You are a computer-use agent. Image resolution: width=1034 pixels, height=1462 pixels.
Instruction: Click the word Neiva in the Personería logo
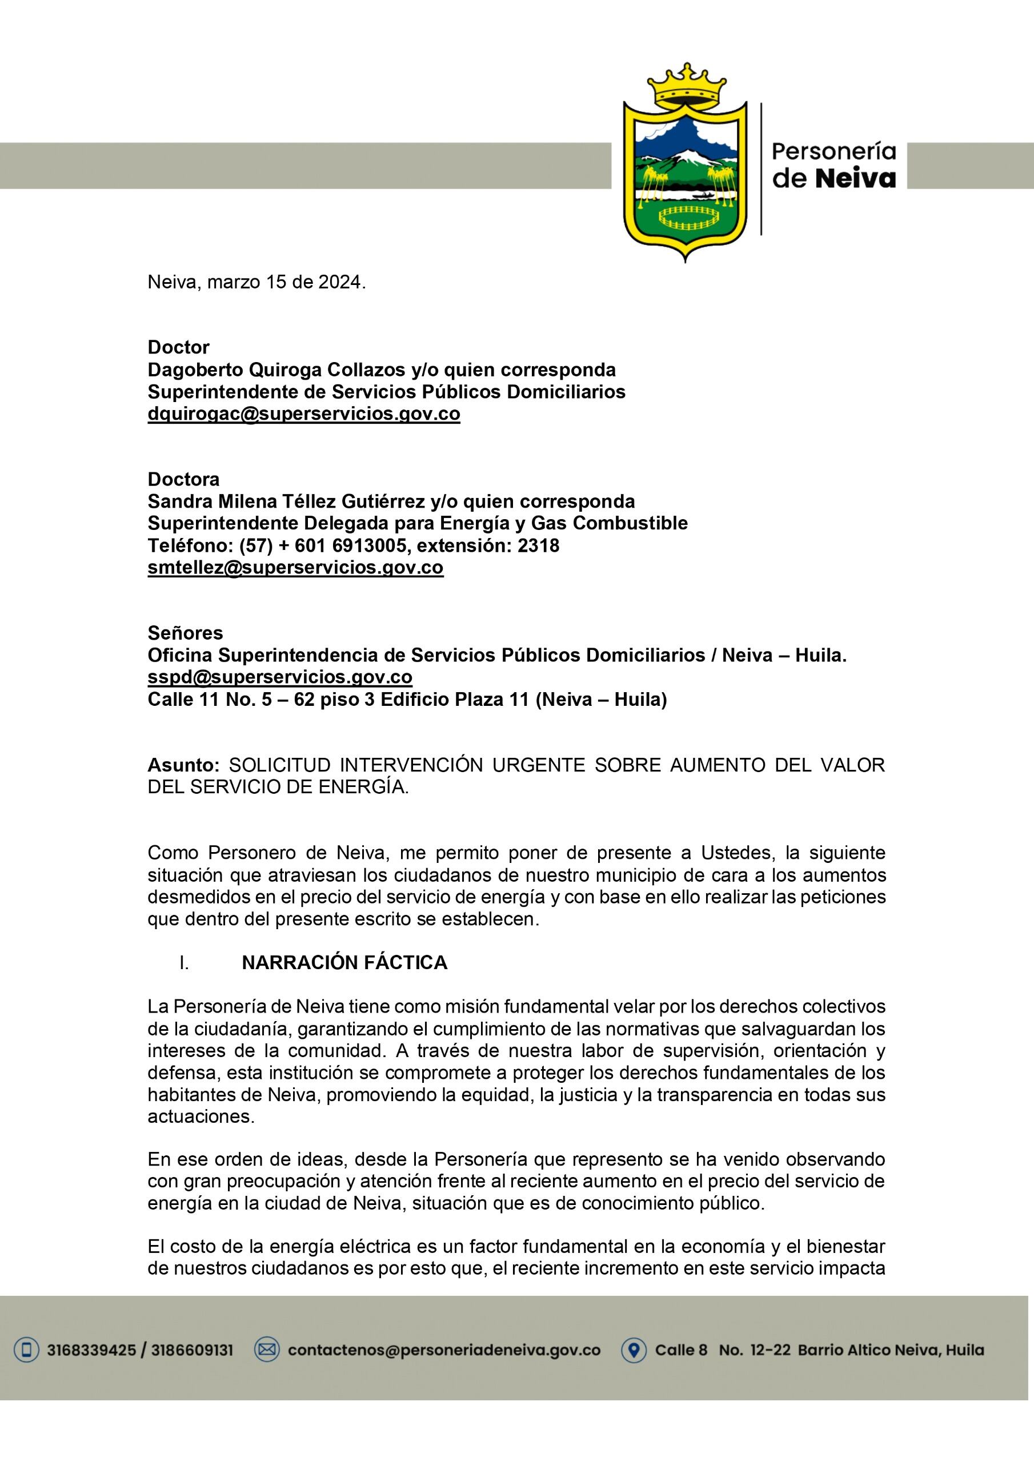tap(856, 179)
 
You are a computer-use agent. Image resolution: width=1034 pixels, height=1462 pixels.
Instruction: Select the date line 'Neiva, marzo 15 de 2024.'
tap(257, 282)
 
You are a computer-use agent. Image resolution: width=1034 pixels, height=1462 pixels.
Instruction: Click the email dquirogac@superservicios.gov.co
tap(304, 414)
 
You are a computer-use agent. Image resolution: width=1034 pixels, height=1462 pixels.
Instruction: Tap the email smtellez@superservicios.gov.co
tap(295, 567)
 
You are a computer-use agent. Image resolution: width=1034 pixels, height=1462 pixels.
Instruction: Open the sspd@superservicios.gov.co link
tap(280, 677)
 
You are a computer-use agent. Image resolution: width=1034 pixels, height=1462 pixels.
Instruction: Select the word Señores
tap(186, 633)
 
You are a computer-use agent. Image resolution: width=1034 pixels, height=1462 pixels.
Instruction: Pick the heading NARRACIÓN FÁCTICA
tap(344, 963)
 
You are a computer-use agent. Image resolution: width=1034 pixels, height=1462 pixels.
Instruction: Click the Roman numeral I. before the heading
tap(184, 963)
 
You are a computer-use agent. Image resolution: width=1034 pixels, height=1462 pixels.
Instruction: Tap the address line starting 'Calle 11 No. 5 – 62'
tap(407, 699)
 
